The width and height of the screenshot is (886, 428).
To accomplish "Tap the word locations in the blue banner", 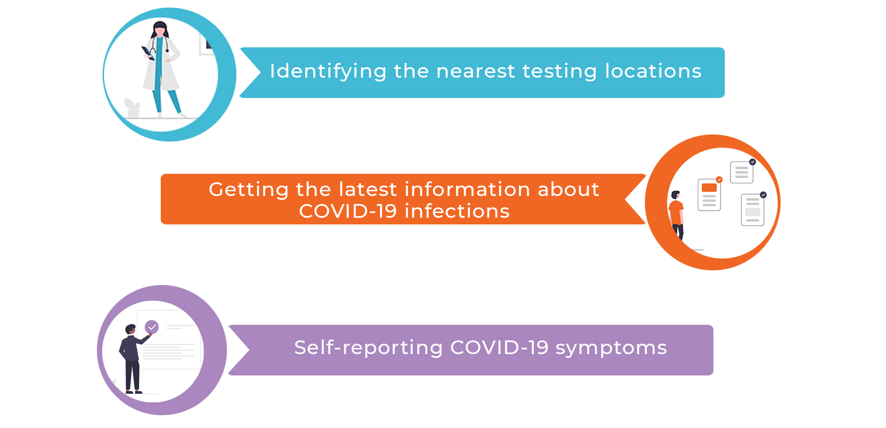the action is [653, 71].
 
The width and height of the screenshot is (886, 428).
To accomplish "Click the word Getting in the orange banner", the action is [249, 190].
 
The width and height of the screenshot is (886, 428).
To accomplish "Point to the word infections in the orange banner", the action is [457, 211].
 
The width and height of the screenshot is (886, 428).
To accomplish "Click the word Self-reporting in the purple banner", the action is [368, 348].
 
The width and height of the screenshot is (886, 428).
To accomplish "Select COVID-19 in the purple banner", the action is [499, 348].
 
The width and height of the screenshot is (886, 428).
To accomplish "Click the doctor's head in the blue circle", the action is [160, 29].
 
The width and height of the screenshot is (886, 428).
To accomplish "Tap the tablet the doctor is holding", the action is [147, 53].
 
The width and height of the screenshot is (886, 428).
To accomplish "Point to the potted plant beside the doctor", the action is [132, 108].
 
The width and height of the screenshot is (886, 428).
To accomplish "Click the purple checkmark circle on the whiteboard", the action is [152, 327].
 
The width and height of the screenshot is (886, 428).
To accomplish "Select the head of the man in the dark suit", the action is [130, 329].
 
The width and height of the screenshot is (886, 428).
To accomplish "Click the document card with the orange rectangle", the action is [709, 194].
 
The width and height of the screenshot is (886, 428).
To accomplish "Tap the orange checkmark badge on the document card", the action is [719, 179].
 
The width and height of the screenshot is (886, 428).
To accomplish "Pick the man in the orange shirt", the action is [677, 216].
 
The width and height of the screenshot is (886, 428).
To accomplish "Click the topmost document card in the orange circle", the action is [742, 172].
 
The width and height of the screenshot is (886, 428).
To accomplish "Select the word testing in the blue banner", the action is [560, 71].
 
